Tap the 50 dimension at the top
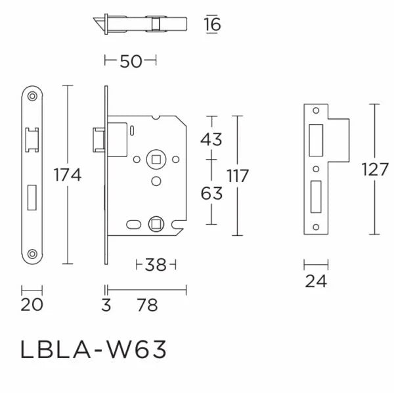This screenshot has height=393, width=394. pos(131,62)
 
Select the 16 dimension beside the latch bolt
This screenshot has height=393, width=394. pos(212,25)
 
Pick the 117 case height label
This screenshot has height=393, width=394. pos(238,176)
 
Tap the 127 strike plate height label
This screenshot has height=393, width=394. pos(375,170)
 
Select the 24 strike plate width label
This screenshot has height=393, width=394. pos(315,283)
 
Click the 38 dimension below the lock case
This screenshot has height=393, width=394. pos(155,266)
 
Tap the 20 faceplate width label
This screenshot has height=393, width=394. pos(32,306)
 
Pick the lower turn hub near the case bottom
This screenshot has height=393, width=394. pos(156,222)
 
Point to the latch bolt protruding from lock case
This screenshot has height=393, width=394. pos(98,140)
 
